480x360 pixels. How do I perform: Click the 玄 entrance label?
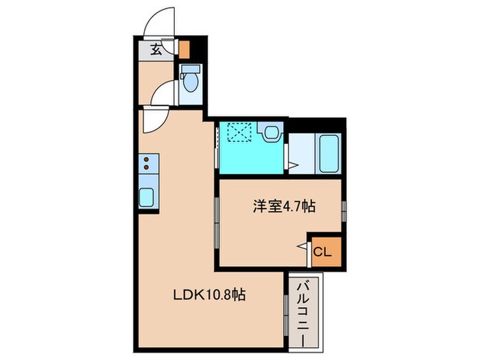(156, 49)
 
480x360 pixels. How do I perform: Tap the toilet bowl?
(191, 81)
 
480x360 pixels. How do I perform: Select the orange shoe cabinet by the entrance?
(183, 49)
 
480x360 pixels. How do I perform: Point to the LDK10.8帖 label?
(209, 296)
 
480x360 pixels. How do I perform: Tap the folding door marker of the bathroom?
(292, 165)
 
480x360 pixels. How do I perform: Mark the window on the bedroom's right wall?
(344, 209)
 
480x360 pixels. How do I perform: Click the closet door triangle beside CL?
(302, 245)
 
